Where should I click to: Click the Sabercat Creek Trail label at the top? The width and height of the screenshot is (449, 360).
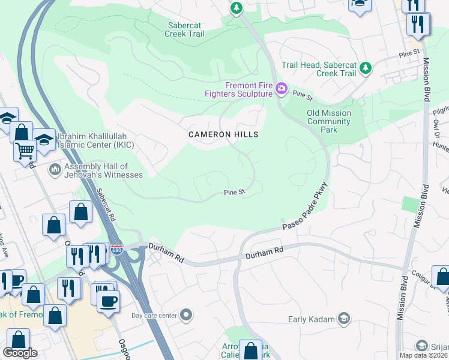pyautogui.click(x=184, y=29)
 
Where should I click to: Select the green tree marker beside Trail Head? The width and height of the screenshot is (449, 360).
pyautogui.click(x=365, y=69)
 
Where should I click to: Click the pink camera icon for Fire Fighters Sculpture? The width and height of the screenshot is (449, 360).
pyautogui.click(x=282, y=89)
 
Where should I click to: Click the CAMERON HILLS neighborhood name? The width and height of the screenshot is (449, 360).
pyautogui.click(x=223, y=134)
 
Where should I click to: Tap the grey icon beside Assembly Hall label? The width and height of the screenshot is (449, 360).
pyautogui.click(x=55, y=170)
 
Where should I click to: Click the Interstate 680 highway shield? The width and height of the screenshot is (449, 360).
pyautogui.click(x=116, y=248)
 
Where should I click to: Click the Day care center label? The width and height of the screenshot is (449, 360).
pyautogui.click(x=154, y=316)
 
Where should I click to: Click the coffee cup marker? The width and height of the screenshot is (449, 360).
pyautogui.click(x=108, y=301)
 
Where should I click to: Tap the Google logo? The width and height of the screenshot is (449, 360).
pyautogui.click(x=19, y=353)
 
